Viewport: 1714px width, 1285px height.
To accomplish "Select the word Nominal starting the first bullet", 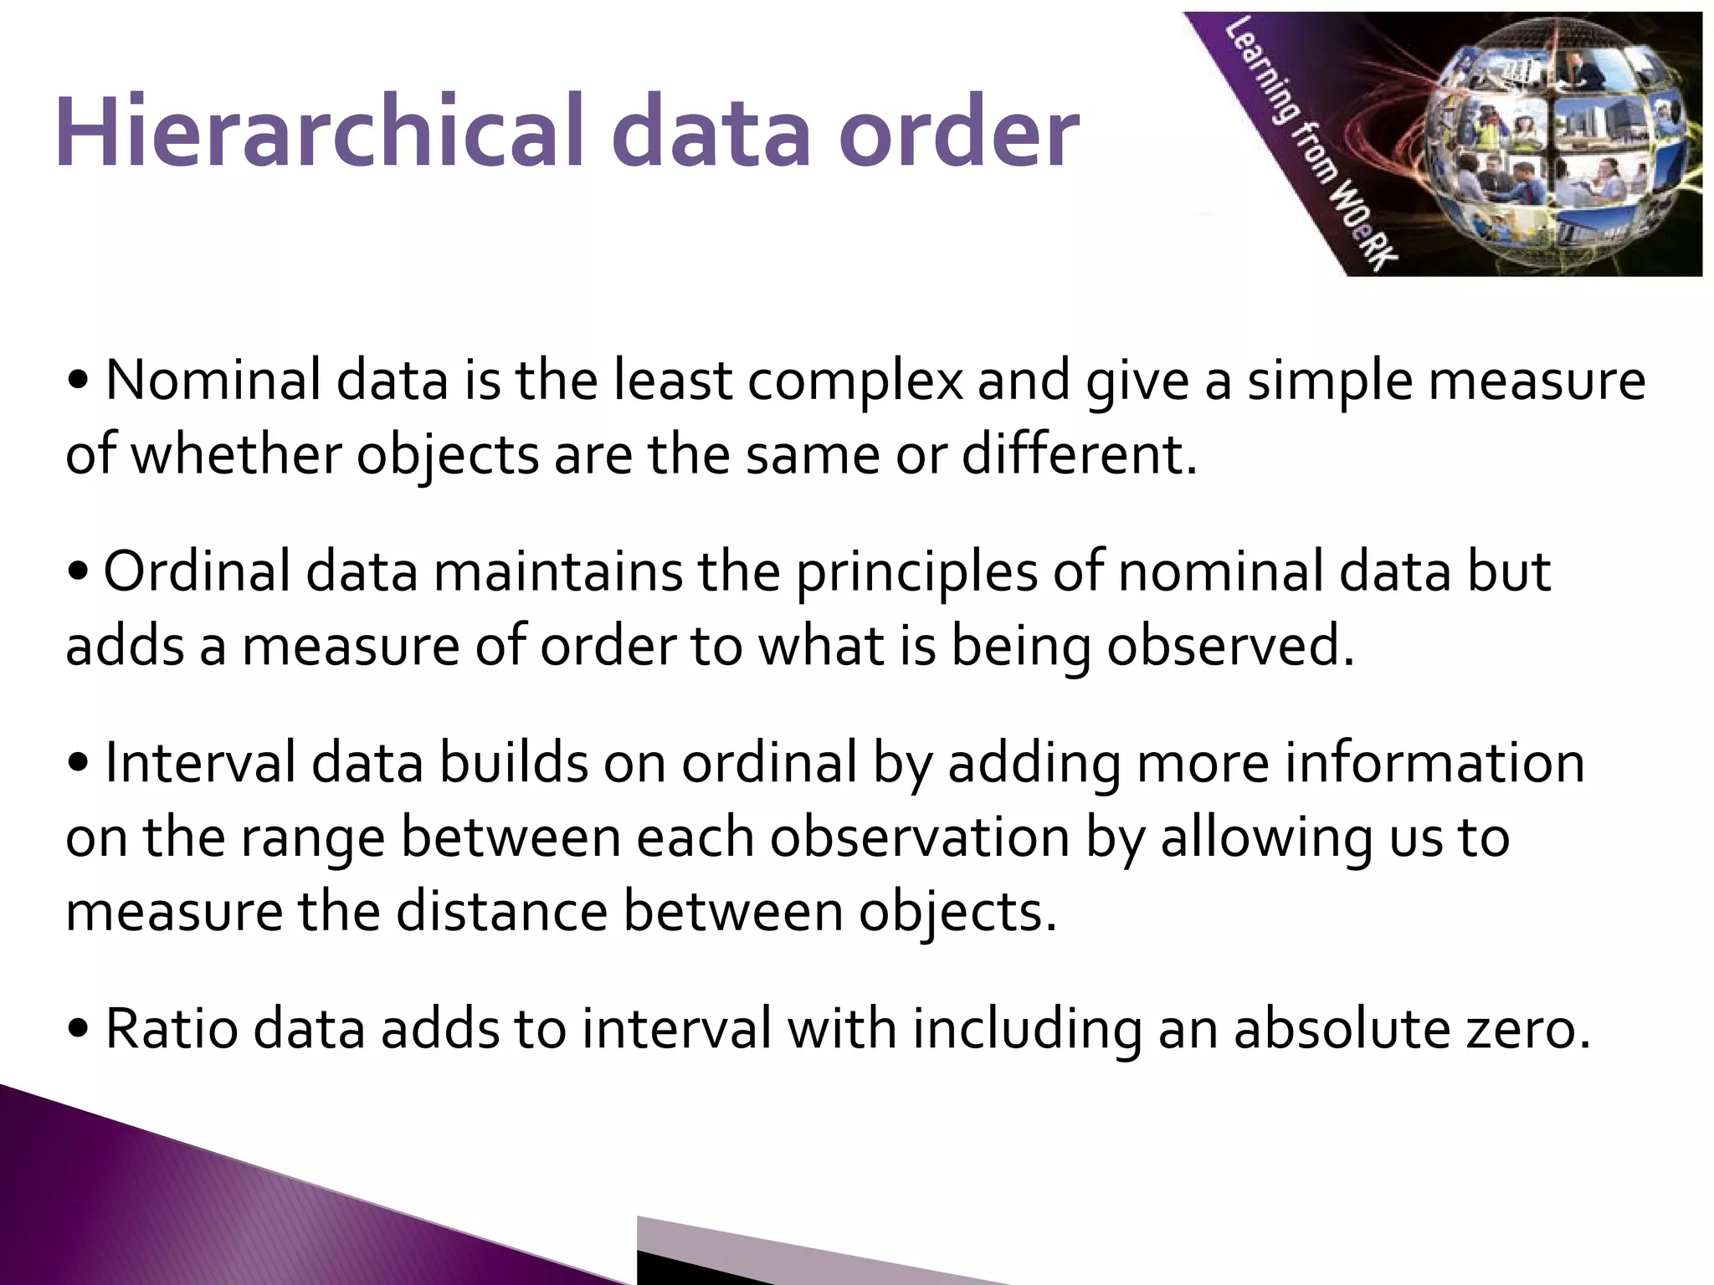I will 213,381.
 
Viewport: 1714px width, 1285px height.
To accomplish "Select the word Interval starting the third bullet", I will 200,763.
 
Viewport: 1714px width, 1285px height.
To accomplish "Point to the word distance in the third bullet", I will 501,911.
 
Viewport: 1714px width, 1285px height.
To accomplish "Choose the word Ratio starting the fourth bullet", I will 172,1029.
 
